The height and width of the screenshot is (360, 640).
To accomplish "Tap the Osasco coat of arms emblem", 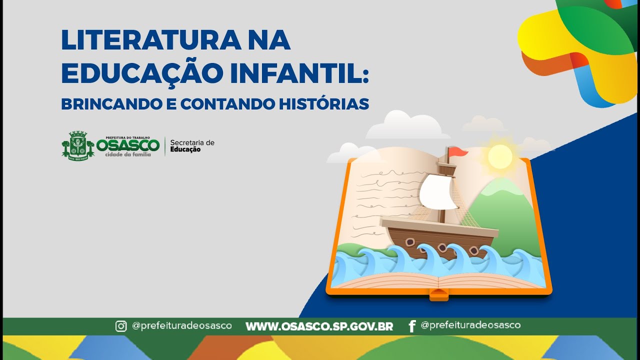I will pos(78,145).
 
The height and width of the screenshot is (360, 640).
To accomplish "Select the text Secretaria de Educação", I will pos(192,145).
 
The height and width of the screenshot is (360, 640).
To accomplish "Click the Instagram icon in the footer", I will pos(121,326).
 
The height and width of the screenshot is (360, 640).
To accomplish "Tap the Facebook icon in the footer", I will pos(412,326).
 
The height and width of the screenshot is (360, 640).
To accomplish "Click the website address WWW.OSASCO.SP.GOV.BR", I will pos(319,326).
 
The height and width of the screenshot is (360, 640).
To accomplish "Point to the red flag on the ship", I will pos(457,151).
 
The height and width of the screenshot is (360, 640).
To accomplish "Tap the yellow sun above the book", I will pos(500,156).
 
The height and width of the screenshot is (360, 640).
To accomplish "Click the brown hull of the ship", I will pos(430,240).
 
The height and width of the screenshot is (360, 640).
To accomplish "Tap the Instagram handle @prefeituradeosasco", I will pos(181,325).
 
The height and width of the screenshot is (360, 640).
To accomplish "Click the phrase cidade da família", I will pos(127,154).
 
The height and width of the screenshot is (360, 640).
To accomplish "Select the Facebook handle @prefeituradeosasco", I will pos(470,325).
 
